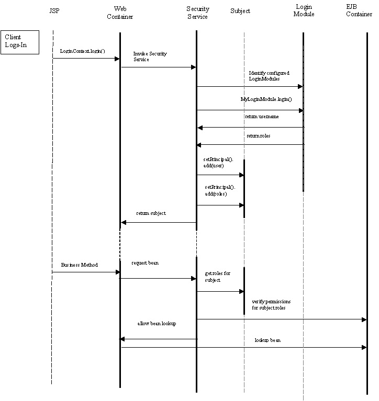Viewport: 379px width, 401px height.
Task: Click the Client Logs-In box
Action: (x=20, y=41)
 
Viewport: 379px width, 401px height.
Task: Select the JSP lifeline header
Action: (x=54, y=10)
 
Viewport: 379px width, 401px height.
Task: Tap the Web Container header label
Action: (x=120, y=13)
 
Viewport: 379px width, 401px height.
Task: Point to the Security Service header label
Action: (x=197, y=13)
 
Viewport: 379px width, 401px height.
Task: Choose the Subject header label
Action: (x=240, y=11)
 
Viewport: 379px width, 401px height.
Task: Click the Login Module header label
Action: (x=304, y=10)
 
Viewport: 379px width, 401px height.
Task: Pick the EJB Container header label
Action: (x=359, y=10)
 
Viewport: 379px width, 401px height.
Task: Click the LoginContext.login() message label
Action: (x=82, y=51)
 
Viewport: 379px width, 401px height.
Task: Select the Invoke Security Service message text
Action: (x=150, y=56)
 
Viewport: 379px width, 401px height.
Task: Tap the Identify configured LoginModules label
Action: (x=269, y=76)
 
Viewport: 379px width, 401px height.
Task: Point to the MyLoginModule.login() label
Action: (x=266, y=99)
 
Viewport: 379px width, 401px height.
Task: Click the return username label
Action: (x=262, y=117)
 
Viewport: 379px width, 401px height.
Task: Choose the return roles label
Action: (x=259, y=135)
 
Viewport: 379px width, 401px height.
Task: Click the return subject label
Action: (x=151, y=213)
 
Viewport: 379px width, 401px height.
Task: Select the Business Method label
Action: (x=79, y=265)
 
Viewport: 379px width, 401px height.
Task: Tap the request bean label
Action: (x=144, y=263)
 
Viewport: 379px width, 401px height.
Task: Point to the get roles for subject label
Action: (x=217, y=277)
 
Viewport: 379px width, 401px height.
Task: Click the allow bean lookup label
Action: (x=157, y=324)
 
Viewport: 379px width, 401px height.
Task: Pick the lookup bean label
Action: (x=267, y=340)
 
